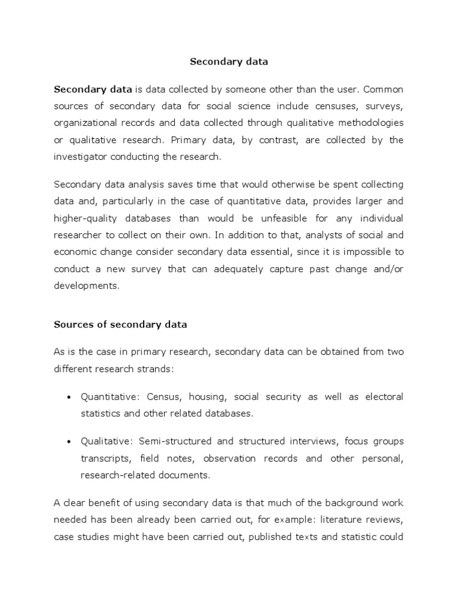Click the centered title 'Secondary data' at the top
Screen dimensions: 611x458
(229, 61)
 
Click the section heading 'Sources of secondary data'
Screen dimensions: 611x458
(120, 325)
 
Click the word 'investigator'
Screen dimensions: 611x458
(81, 156)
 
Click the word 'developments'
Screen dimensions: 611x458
(86, 285)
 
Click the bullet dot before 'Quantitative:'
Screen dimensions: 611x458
(69, 397)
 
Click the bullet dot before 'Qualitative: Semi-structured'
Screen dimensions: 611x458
(69, 442)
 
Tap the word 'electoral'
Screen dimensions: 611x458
(384, 397)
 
